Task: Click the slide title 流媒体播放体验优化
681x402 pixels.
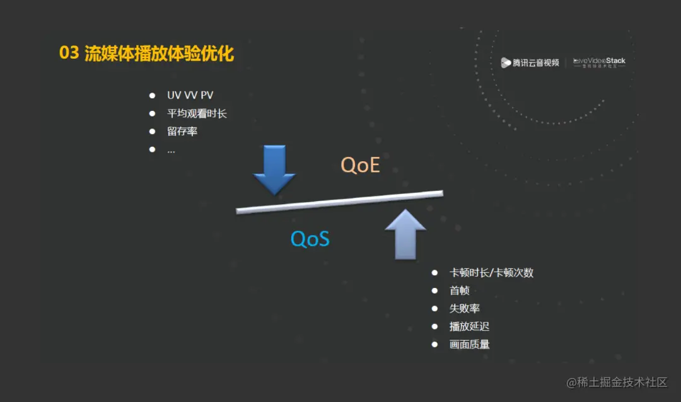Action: click(159, 54)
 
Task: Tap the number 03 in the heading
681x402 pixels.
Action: click(69, 54)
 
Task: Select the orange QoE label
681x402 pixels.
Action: click(361, 165)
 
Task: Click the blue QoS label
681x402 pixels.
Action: click(310, 239)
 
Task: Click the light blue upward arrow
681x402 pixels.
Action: click(405, 234)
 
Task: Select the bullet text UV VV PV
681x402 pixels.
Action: click(190, 96)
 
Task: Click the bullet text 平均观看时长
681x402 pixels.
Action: click(197, 114)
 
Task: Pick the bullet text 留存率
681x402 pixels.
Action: click(182, 132)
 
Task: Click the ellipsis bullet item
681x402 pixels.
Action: click(171, 150)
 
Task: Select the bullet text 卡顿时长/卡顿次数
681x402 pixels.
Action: click(491, 273)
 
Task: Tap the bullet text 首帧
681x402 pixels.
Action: click(459, 290)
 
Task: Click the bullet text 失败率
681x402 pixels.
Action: click(465, 309)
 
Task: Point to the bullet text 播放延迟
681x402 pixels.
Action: click(469, 326)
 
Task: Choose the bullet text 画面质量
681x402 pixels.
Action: click(469, 344)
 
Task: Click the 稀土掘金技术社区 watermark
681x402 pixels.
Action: click(617, 382)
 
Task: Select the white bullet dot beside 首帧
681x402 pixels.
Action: click(434, 290)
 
